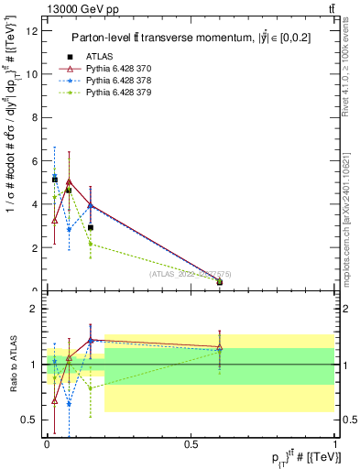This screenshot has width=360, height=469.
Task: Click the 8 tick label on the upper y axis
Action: click(36, 117)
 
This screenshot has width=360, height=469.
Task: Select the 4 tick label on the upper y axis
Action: click(36, 204)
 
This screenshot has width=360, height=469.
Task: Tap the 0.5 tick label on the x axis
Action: click(191, 442)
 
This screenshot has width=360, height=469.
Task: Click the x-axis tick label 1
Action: click(335, 442)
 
